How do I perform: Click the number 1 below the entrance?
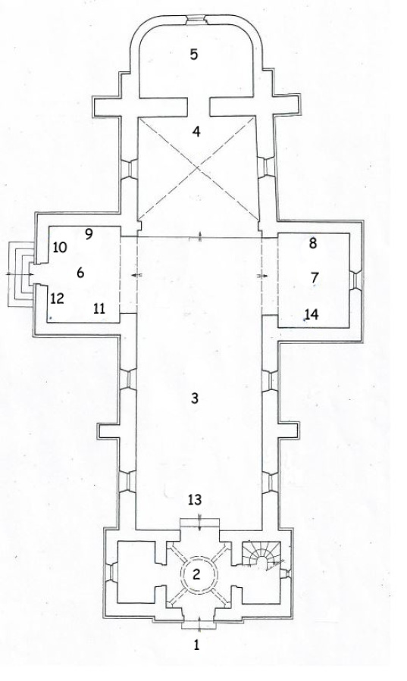point(197,645)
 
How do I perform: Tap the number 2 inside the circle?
point(196,575)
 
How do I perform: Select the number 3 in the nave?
point(195,398)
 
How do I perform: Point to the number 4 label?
point(196,132)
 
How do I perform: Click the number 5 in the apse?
point(194,55)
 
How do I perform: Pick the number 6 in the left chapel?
point(80,273)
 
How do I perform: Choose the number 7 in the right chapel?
point(315,277)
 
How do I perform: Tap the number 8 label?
point(313,243)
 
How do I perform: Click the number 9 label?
point(88,234)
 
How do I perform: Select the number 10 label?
point(60,248)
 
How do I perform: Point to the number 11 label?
point(99,309)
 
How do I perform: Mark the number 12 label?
point(57,298)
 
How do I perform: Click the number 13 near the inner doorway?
point(195,500)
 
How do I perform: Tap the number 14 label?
point(312,314)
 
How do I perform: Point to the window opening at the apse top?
point(196,19)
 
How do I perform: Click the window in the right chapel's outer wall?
point(355,280)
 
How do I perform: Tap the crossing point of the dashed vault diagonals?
point(198,167)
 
